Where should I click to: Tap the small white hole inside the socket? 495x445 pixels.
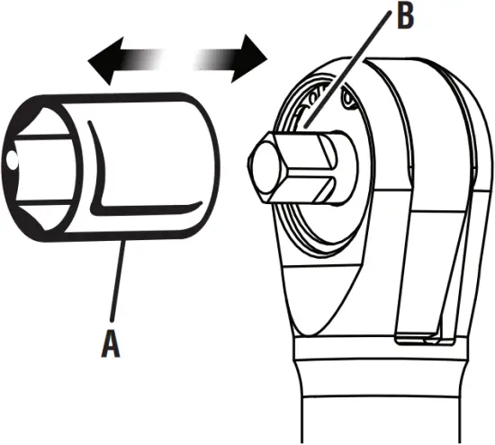11,160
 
